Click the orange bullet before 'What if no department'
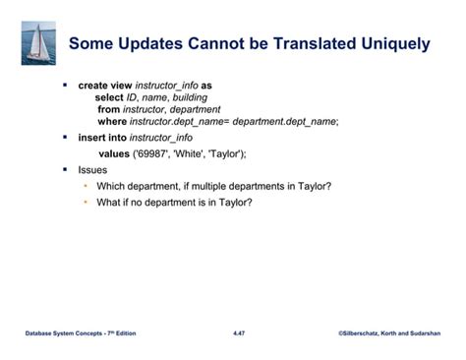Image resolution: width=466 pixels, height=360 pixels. (87, 203)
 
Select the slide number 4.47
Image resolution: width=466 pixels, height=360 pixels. (239, 334)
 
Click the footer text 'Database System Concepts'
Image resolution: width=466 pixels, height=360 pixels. (67, 334)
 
